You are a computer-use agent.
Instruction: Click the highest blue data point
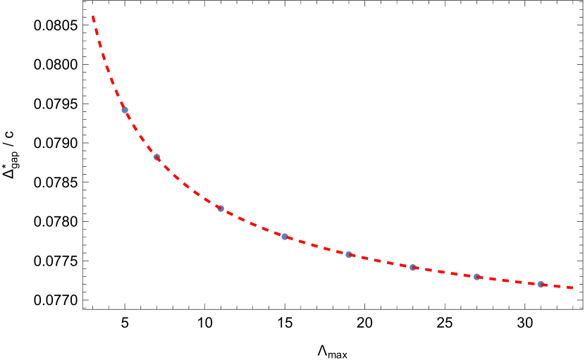(125, 110)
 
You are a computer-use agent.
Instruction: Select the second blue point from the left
(156, 157)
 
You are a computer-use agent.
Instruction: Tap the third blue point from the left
(221, 209)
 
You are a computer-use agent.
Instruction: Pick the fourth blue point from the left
(285, 237)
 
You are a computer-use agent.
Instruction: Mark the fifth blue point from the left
(349, 254)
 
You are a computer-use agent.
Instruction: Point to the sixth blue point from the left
(413, 268)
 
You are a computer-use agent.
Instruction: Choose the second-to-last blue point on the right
(477, 277)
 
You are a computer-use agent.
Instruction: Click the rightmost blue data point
(541, 285)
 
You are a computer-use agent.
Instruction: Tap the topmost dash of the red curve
(93, 19)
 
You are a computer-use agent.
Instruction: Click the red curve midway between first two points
(140, 135)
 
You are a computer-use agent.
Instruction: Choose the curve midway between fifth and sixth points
(381, 261)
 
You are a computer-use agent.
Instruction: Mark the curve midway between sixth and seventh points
(445, 273)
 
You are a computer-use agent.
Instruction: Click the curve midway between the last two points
(509, 281)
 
